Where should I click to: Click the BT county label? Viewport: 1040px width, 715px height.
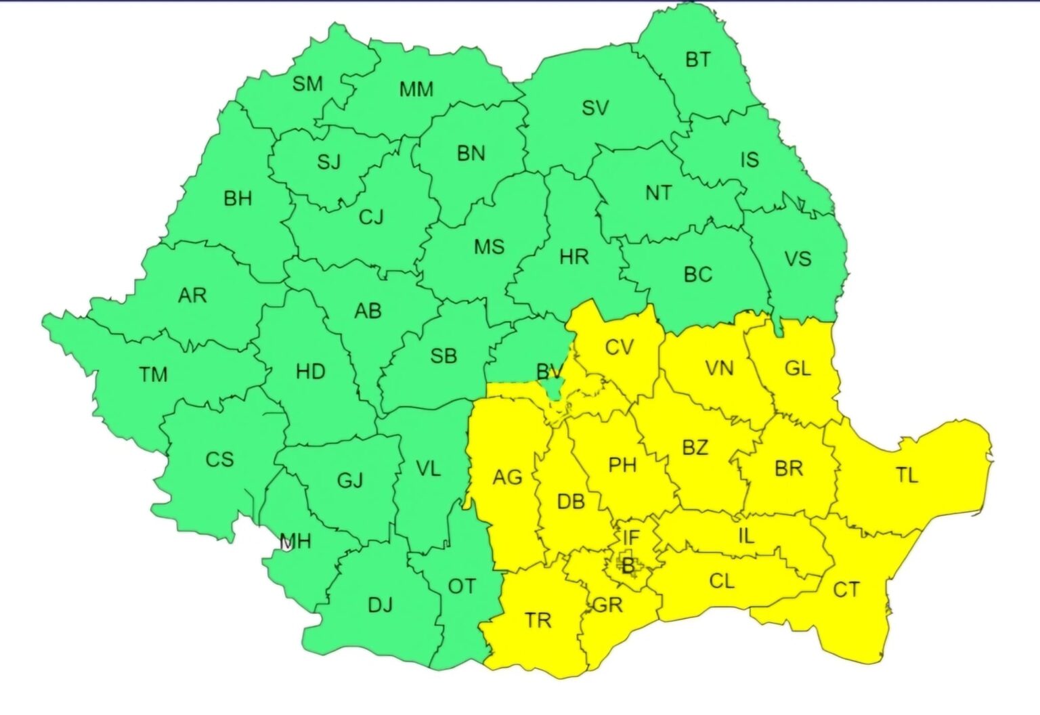(698, 60)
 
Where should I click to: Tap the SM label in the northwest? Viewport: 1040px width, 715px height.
(307, 84)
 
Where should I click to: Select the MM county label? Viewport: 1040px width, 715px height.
(416, 89)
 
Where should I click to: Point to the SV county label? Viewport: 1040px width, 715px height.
(595, 108)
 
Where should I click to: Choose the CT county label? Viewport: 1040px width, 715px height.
(846, 590)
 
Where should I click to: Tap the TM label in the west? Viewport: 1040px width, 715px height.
(153, 374)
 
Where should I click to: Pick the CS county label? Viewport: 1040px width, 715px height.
(219, 460)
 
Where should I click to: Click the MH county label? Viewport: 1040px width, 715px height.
(295, 541)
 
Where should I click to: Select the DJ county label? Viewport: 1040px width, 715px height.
(380, 605)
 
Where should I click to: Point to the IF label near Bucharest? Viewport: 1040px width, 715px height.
(630, 538)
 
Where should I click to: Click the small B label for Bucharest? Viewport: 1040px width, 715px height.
(628, 565)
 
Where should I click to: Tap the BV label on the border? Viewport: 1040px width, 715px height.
(549, 371)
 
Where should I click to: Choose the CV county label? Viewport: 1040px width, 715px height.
(619, 348)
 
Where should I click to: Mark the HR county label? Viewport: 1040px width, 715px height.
(574, 257)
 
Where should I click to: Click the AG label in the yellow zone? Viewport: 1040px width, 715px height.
(507, 478)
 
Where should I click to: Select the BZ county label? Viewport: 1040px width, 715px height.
(695, 448)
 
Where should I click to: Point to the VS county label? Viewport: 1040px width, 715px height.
(798, 259)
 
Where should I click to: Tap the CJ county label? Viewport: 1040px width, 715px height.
(371, 217)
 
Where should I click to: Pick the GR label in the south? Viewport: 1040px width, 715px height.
(607, 605)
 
